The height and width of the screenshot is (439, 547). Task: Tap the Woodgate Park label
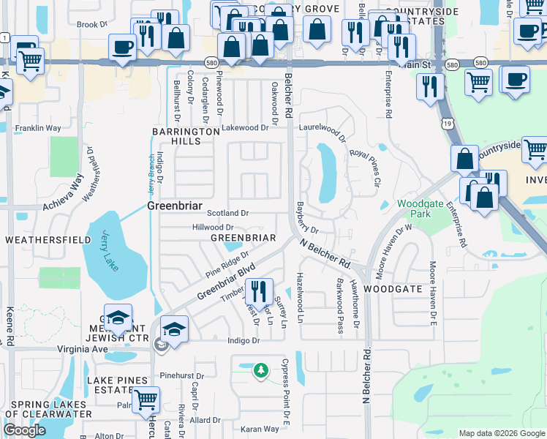(x=414, y=209)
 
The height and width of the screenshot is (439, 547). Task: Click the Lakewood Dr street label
(x=246, y=127)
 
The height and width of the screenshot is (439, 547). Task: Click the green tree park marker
(x=260, y=371)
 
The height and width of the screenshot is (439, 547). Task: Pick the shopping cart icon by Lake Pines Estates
(x=146, y=399)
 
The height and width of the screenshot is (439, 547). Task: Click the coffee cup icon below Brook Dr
(x=122, y=48)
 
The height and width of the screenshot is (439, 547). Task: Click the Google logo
(x=25, y=430)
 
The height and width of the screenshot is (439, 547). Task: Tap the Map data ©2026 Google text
(x=501, y=433)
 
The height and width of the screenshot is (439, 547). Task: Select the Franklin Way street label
(x=38, y=127)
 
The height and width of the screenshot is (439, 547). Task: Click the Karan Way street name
(x=260, y=429)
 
